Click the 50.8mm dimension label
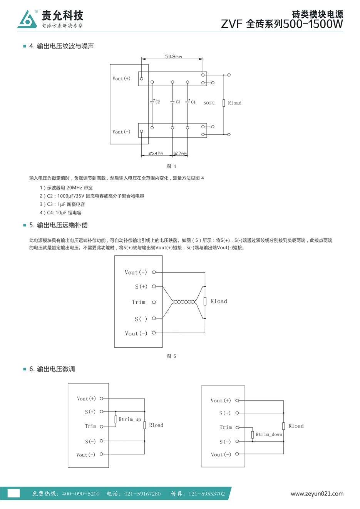coord(173,56)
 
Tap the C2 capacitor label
coord(158,102)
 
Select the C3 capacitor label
coord(178,102)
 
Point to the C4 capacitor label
coord(193,102)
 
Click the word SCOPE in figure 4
coord(209,103)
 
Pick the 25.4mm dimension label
coord(156,153)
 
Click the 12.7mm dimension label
coord(180,153)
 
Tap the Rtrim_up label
coord(130,419)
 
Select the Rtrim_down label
coord(269,434)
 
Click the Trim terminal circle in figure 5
coord(154,302)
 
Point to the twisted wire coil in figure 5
coord(184,302)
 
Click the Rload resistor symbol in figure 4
coord(224,103)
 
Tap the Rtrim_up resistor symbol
coord(116,419)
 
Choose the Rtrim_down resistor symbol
coord(253,435)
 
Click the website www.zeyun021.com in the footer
coord(317,494)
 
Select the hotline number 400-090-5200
coord(81,494)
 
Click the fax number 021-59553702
coord(207,494)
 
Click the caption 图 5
coord(171,356)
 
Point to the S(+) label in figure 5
coord(141,286)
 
